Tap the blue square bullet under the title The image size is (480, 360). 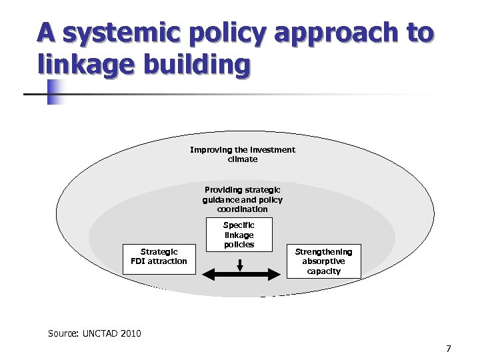(55, 93)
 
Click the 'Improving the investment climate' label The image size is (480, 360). (243, 155)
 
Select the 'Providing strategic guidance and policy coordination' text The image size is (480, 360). (243, 199)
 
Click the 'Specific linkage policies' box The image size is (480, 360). (239, 235)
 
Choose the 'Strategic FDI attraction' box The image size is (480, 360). (159, 257)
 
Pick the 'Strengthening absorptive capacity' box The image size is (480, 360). (323, 261)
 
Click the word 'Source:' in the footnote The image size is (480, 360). (63, 333)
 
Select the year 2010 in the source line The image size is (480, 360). (131, 333)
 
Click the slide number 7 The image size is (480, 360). (449, 349)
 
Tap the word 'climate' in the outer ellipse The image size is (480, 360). (243, 159)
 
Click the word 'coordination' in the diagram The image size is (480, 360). (243, 209)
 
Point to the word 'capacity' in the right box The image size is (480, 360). (323, 271)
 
